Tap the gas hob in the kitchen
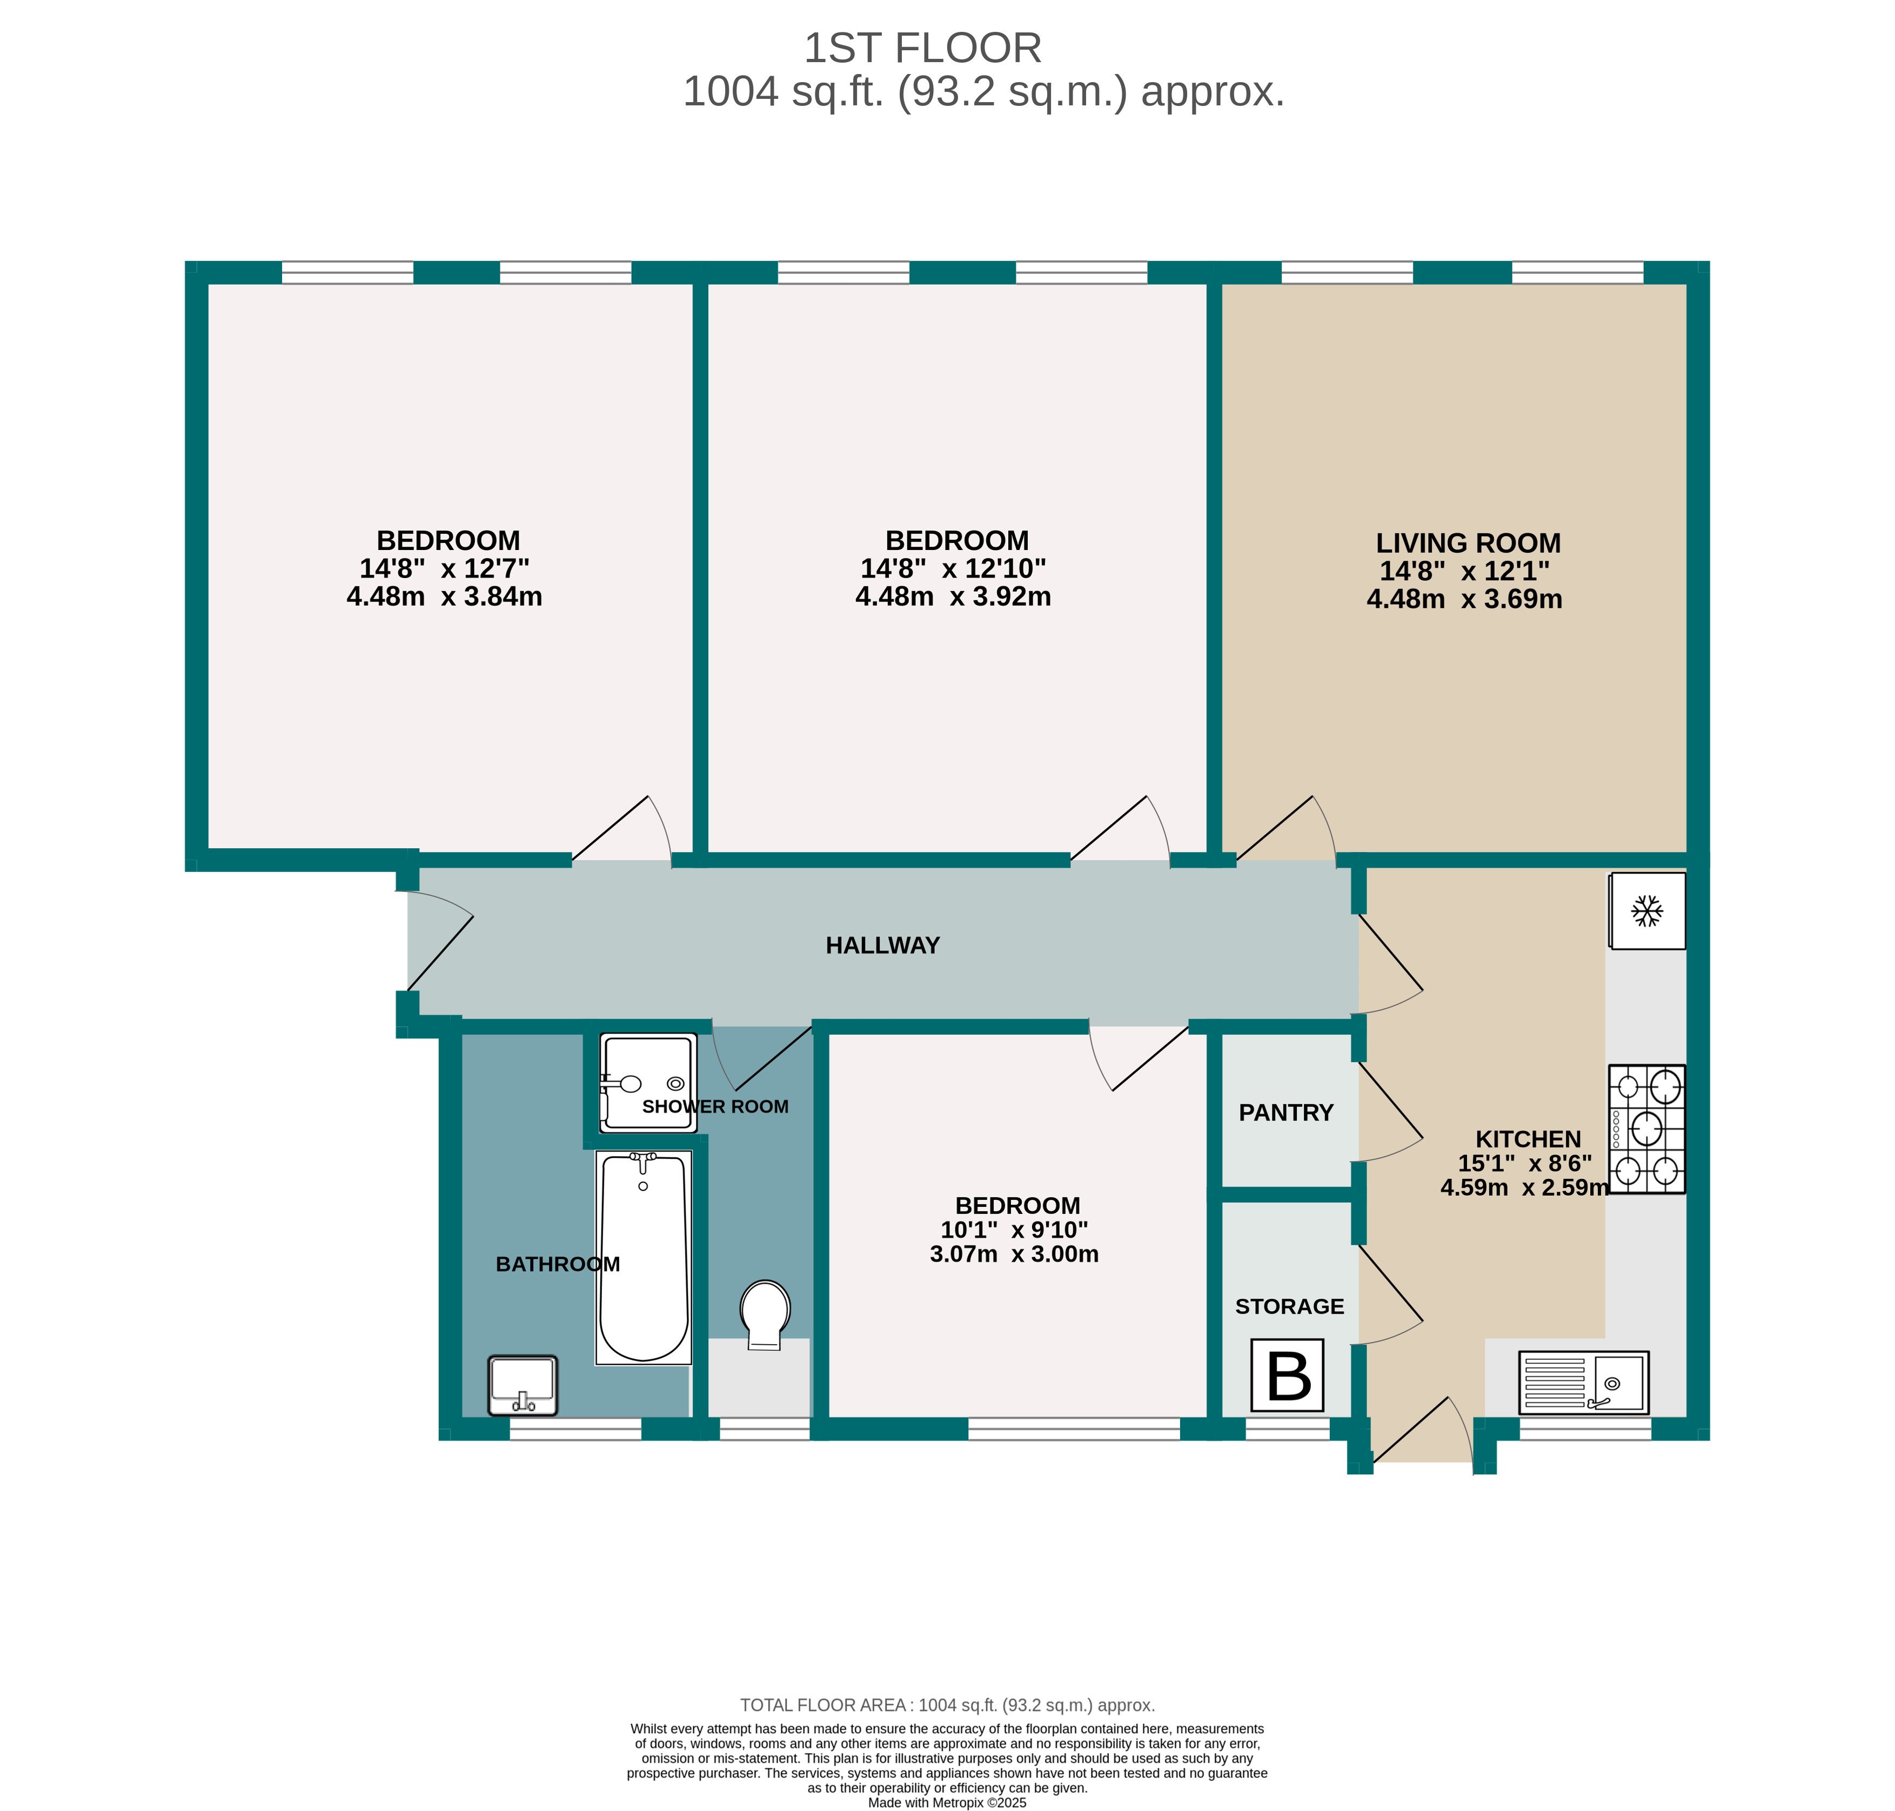click(1646, 1129)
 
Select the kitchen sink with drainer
click(1583, 1383)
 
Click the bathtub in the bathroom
click(644, 1257)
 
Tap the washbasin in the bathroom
click(523, 1384)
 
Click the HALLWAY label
click(882, 945)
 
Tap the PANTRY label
click(1286, 1112)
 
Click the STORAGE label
click(1289, 1306)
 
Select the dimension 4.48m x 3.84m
click(444, 596)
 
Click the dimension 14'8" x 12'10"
click(953, 568)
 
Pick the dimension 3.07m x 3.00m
click(1014, 1254)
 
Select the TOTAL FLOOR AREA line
click(946, 1705)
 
